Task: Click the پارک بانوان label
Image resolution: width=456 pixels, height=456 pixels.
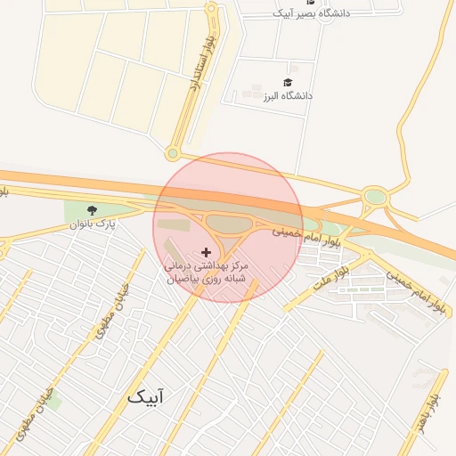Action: coord(93,224)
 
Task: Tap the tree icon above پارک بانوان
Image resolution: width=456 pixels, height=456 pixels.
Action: coord(92,210)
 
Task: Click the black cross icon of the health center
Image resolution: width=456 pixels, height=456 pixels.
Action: coord(207,253)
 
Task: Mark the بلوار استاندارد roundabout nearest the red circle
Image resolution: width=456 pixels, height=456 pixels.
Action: coord(173,153)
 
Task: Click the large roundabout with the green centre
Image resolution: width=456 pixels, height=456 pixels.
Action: coord(376,196)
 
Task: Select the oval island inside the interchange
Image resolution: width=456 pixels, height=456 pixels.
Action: coord(230,224)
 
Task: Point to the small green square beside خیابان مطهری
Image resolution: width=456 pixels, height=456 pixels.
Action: coord(53,402)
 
